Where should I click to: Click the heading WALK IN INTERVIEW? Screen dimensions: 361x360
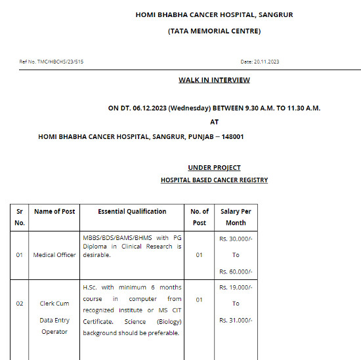point(214,80)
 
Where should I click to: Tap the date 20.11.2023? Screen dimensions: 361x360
point(266,62)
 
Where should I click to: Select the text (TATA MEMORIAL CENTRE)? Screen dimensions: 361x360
point(214,31)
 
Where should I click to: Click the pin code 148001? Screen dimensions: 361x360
point(232,136)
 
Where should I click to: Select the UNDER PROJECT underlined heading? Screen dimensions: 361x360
point(214,168)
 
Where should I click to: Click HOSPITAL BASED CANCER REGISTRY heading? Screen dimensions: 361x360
point(214,180)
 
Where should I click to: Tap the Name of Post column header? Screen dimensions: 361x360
point(54,211)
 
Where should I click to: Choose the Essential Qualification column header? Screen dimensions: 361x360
point(132,211)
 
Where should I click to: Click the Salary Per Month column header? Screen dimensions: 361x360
point(236,217)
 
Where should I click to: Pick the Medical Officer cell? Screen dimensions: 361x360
point(54,255)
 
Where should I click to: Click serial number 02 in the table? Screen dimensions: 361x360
point(20,304)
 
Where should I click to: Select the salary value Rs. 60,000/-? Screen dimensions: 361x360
point(236,271)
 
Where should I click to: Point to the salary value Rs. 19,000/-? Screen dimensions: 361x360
point(236,287)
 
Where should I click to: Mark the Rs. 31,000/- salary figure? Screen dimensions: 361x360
point(236,320)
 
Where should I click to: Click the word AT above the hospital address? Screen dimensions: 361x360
point(214,122)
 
